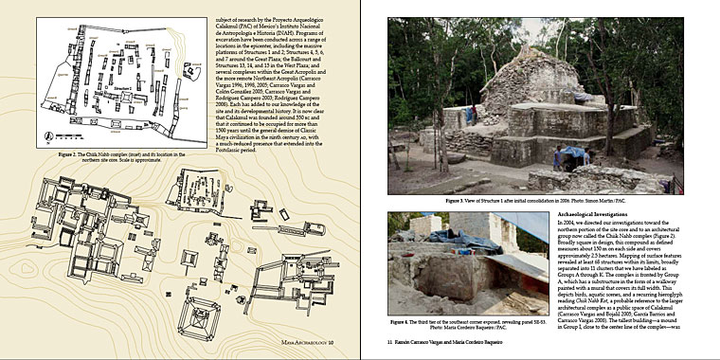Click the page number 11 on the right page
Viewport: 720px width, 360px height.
tap(390, 350)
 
